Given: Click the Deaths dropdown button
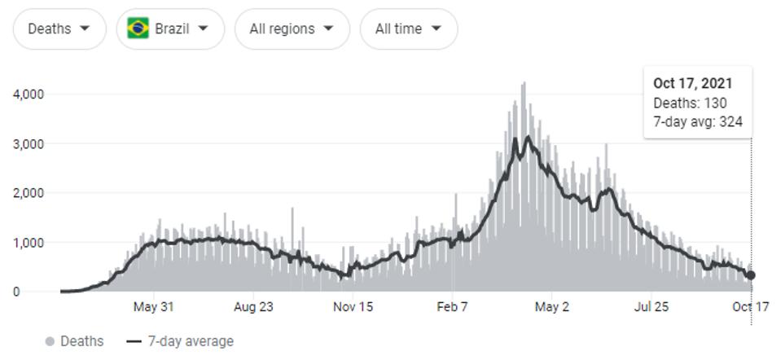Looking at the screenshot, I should coord(59,29).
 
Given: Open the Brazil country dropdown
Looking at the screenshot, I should coord(170,29).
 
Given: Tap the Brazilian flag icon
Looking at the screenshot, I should coord(138,29).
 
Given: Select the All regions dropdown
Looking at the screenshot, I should coord(292,29).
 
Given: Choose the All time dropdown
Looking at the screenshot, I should coord(408,29).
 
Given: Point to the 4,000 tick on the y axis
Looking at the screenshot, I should coord(29,94).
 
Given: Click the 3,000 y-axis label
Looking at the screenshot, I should coord(29,144).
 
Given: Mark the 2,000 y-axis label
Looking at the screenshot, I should coord(29,193).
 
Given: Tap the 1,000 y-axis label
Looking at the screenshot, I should coord(29,243).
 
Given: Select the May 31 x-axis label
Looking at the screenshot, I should coord(154,307).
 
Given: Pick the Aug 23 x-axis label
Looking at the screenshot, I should coord(253,307).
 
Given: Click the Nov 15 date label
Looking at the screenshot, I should coord(353,307).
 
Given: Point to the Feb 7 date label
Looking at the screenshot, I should coord(453,307).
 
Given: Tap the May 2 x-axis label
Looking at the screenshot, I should coord(552,307).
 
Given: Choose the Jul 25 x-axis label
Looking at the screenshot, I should coord(652,307).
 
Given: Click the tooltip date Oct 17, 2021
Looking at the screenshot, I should coord(692,83).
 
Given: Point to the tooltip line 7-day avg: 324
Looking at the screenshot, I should coord(697,122).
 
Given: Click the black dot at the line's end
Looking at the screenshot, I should coord(751,275).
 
